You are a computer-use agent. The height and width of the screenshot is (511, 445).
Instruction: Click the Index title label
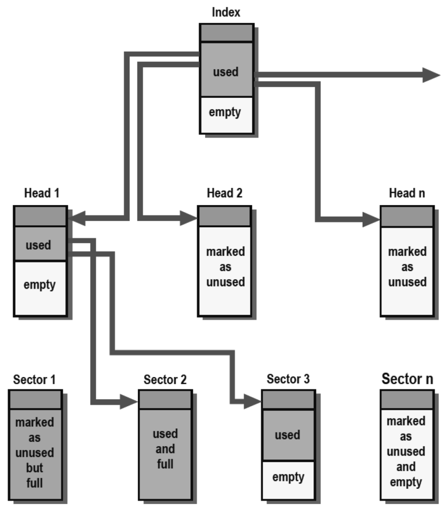point(226,12)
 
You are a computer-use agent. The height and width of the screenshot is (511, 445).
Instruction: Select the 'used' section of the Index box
point(226,72)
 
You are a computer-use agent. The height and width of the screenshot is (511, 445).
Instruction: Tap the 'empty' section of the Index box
point(226,112)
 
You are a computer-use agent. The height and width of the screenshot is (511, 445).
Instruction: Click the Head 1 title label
point(42,193)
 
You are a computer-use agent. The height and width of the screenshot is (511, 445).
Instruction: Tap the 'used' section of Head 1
point(39,245)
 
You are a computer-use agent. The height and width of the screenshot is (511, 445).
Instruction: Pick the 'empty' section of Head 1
point(40,285)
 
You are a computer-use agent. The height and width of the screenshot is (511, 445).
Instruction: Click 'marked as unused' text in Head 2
point(225,267)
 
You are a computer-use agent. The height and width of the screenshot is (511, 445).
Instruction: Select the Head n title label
point(407,193)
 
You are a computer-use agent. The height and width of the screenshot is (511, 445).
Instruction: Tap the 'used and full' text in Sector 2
point(165,449)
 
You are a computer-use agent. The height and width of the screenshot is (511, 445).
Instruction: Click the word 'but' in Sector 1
point(35,468)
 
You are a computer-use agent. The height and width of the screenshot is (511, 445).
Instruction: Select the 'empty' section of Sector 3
point(288,477)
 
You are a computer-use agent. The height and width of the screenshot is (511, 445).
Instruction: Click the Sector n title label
point(407,379)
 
